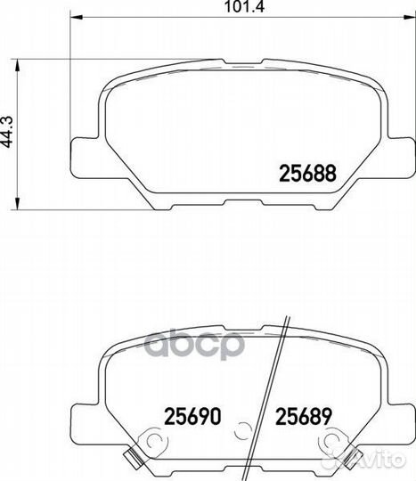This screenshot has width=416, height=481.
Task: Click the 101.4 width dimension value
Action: click(244, 6)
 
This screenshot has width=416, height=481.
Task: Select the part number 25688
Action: click(307, 173)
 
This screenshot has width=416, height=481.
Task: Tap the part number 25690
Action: click(192, 416)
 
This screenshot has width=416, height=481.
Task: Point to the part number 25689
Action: click(304, 416)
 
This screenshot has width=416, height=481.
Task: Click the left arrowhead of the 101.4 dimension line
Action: click(77, 18)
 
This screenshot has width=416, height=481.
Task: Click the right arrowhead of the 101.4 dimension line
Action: click(410, 18)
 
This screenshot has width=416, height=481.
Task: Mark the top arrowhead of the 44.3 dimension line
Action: click(18, 65)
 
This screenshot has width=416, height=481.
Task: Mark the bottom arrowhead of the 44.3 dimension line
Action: click(18, 204)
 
